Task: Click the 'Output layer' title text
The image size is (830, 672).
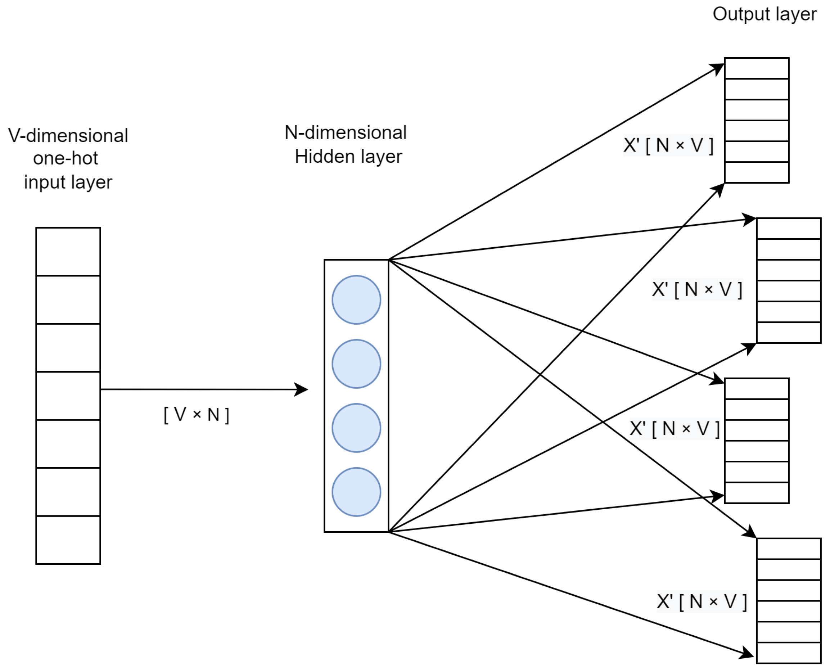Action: [x=764, y=14]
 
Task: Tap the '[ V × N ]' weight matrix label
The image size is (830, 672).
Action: [x=197, y=415]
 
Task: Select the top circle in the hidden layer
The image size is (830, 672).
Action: [x=356, y=300]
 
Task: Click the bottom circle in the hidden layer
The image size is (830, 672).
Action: [x=356, y=492]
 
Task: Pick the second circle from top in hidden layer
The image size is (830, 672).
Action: [x=356, y=364]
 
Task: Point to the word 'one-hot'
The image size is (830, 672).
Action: [x=66, y=158]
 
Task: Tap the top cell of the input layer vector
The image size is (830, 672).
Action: [x=68, y=252]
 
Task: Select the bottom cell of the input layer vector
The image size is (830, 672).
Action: [x=68, y=540]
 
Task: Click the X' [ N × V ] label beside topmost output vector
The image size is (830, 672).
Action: [x=668, y=145]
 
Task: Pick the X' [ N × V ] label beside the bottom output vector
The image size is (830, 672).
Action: [x=702, y=602]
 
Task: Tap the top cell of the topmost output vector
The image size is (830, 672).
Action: [x=757, y=68]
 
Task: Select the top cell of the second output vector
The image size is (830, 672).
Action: [x=789, y=229]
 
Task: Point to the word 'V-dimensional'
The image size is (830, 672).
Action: [x=68, y=136]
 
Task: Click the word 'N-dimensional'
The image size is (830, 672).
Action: [x=345, y=133]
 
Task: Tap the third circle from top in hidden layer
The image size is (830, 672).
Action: [x=356, y=428]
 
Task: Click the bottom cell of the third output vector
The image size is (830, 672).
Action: [x=757, y=492]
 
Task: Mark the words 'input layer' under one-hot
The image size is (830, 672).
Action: [x=68, y=182]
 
